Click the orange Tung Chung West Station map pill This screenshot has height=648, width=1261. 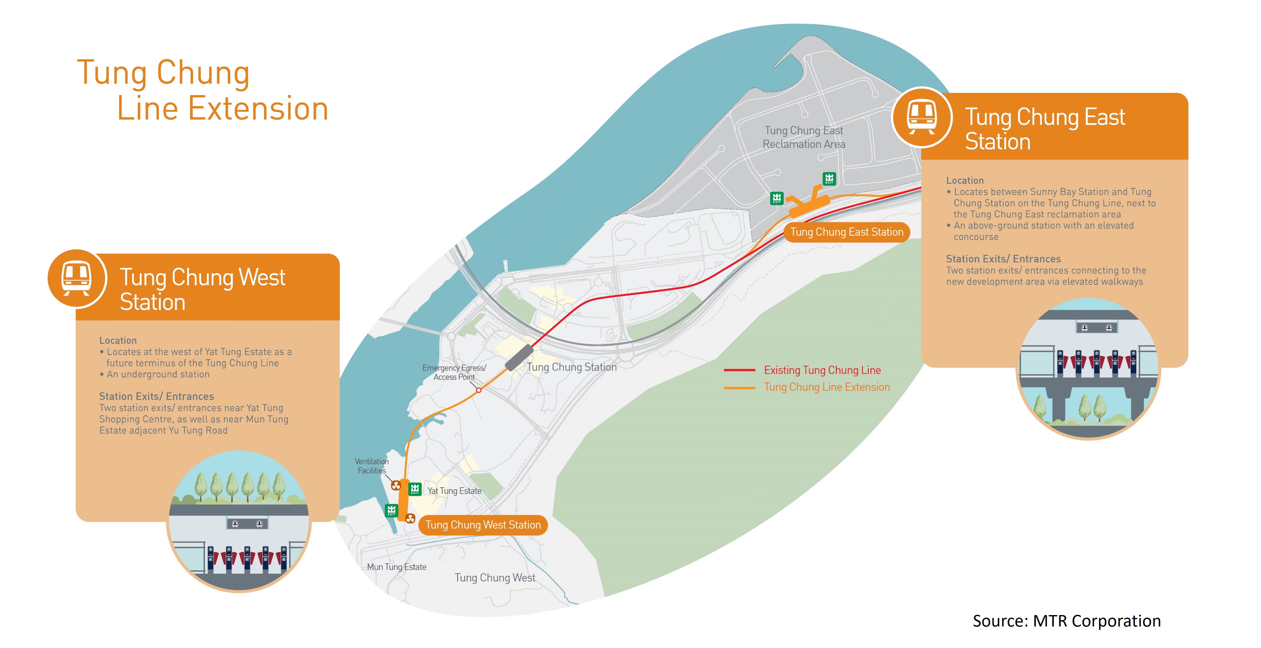pyautogui.click(x=483, y=525)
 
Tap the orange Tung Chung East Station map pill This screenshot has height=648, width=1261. pyautogui.click(x=846, y=232)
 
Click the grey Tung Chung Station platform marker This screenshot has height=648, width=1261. pyautogui.click(x=519, y=357)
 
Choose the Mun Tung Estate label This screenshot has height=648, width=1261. pyautogui.click(x=397, y=567)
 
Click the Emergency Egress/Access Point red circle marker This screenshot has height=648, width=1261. pyautogui.click(x=479, y=390)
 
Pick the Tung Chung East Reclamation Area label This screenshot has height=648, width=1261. pyautogui.click(x=804, y=137)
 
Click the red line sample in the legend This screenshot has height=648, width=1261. pyautogui.click(x=739, y=370)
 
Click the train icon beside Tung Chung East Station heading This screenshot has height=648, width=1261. pyautogui.click(x=922, y=117)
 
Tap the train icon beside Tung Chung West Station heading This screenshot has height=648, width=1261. pyautogui.click(x=76, y=278)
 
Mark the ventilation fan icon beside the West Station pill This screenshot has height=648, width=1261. pyautogui.click(x=410, y=518)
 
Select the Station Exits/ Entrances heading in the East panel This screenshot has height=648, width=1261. pyautogui.click(x=1003, y=259)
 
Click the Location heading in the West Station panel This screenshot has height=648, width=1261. pyautogui.click(x=118, y=340)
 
